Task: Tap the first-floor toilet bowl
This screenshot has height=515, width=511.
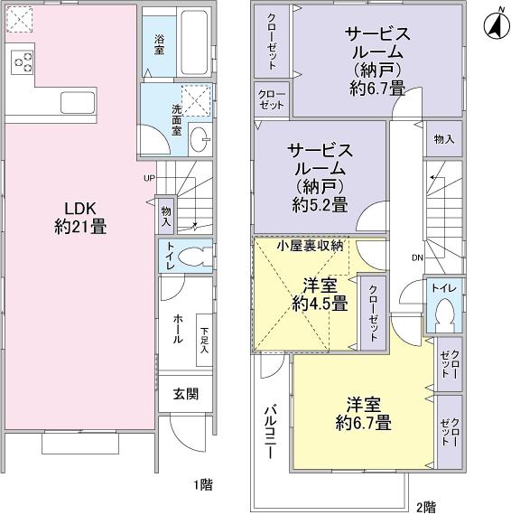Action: click(x=190, y=257)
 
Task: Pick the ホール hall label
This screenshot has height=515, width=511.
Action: click(x=177, y=332)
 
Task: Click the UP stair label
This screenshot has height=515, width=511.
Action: click(x=149, y=177)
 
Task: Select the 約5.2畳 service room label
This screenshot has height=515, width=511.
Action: click(x=319, y=177)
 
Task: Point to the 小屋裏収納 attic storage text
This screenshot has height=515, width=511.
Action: click(x=309, y=245)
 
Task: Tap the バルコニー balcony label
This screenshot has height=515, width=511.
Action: click(x=269, y=435)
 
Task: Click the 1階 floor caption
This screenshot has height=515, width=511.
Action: click(x=202, y=485)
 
